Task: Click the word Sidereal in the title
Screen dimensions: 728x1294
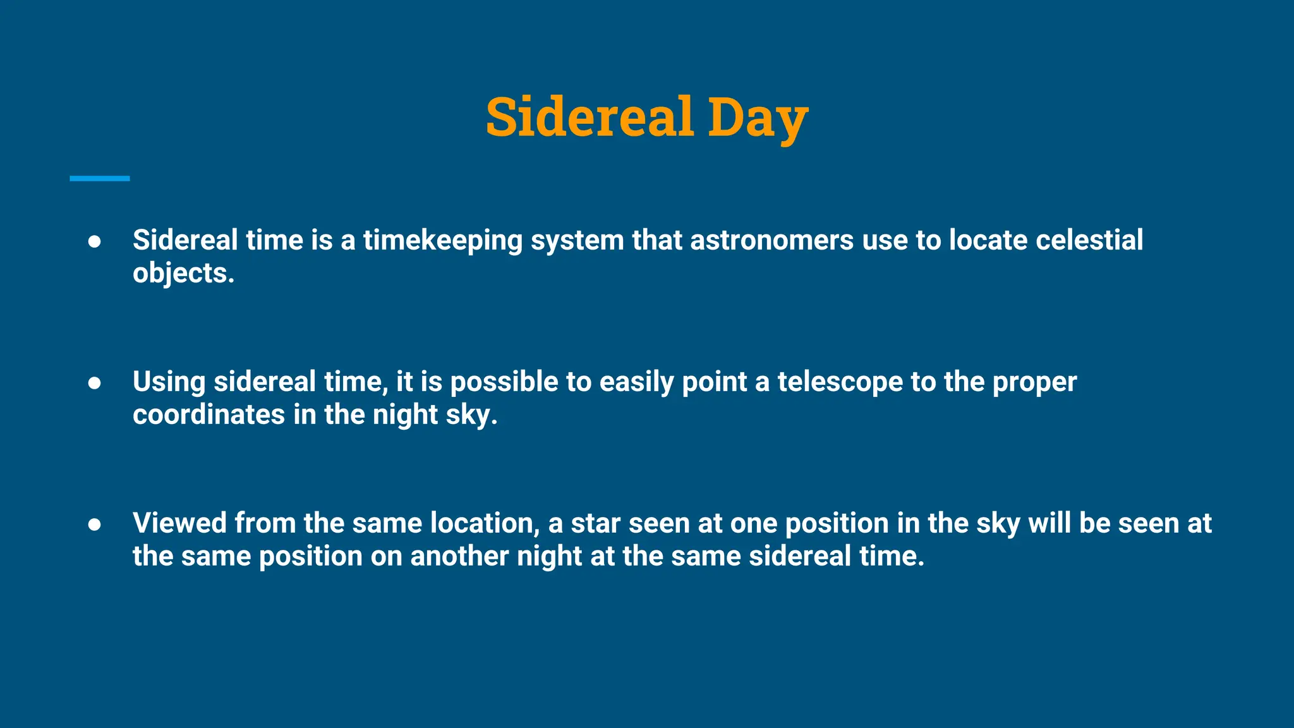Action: coord(590,117)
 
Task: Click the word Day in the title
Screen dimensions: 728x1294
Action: coord(757,118)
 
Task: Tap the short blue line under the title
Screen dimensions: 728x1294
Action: coord(100,179)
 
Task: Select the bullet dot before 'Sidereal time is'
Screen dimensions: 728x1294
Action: coord(95,242)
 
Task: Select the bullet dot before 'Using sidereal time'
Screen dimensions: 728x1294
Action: coord(95,384)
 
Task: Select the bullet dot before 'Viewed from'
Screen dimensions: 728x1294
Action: coord(95,525)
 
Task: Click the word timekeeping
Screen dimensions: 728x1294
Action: coord(442,241)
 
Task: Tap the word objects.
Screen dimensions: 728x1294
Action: coord(183,274)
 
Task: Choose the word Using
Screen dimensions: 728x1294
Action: coord(169,382)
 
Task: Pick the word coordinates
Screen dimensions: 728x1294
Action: coord(209,415)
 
